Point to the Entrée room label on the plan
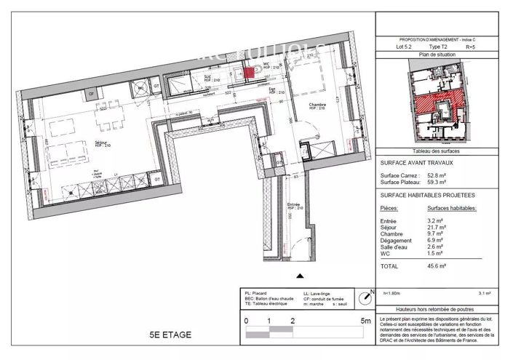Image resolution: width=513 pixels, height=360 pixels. coord(295,204)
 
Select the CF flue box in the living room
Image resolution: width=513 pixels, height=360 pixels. coord(92,94)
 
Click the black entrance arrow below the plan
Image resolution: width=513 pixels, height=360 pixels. coord(299,276)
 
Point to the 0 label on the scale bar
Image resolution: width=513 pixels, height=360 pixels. coord(246,321)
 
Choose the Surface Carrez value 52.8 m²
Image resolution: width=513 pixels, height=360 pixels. coord(437,176)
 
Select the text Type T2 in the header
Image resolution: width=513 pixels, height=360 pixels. coord(439,47)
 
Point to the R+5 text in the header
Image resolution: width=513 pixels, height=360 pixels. coord(470,47)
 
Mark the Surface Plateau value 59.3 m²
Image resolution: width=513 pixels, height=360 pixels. coord(437,183)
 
